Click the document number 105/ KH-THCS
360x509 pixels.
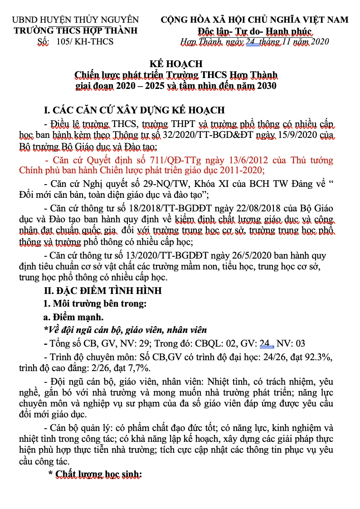tap(86, 42)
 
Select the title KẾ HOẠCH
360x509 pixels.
tap(176, 64)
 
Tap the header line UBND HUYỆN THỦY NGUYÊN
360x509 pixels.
tap(75, 20)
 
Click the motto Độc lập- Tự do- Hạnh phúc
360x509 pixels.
tap(255, 31)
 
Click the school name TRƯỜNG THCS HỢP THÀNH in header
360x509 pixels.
tap(75, 31)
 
